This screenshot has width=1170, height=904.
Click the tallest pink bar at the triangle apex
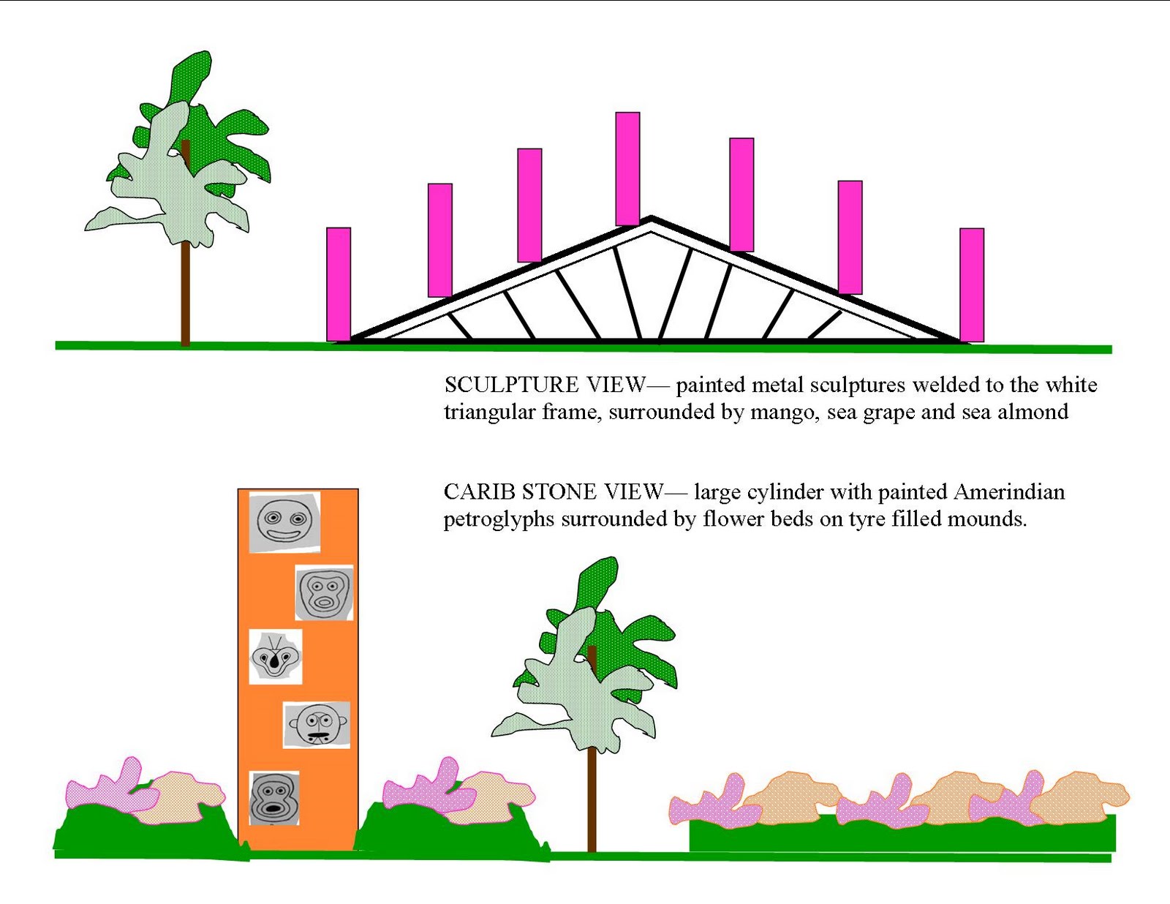(x=627, y=168)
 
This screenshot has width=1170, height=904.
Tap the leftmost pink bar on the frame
(x=339, y=284)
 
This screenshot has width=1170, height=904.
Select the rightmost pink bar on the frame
(x=972, y=285)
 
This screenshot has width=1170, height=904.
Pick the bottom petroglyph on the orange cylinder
(x=274, y=798)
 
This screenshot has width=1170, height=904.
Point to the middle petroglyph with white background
(x=276, y=657)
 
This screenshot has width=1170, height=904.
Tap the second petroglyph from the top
(x=325, y=592)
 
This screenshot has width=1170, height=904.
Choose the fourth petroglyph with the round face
(x=317, y=724)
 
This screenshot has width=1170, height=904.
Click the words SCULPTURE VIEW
(x=545, y=385)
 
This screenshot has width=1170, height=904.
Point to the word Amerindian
(x=1009, y=491)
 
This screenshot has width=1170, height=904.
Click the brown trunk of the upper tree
(x=185, y=293)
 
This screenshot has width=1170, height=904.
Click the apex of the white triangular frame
(x=651, y=222)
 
